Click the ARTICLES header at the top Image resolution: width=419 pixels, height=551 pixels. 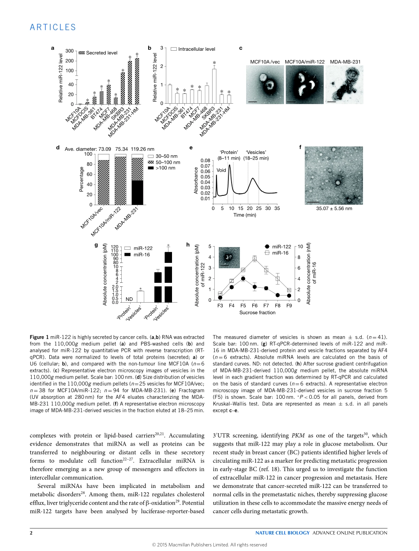53,27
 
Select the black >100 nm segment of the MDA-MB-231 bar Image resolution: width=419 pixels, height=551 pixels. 137,192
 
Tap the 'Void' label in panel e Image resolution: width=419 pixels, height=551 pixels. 221,170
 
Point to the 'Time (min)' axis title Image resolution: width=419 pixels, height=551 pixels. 245,215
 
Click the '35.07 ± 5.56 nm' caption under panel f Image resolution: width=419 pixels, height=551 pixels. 334,208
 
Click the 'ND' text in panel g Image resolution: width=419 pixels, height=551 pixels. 129,299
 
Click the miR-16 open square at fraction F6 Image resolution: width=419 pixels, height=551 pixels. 254,259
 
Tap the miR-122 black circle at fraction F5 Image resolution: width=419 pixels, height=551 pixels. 243,278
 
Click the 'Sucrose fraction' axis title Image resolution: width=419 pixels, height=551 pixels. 257,312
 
